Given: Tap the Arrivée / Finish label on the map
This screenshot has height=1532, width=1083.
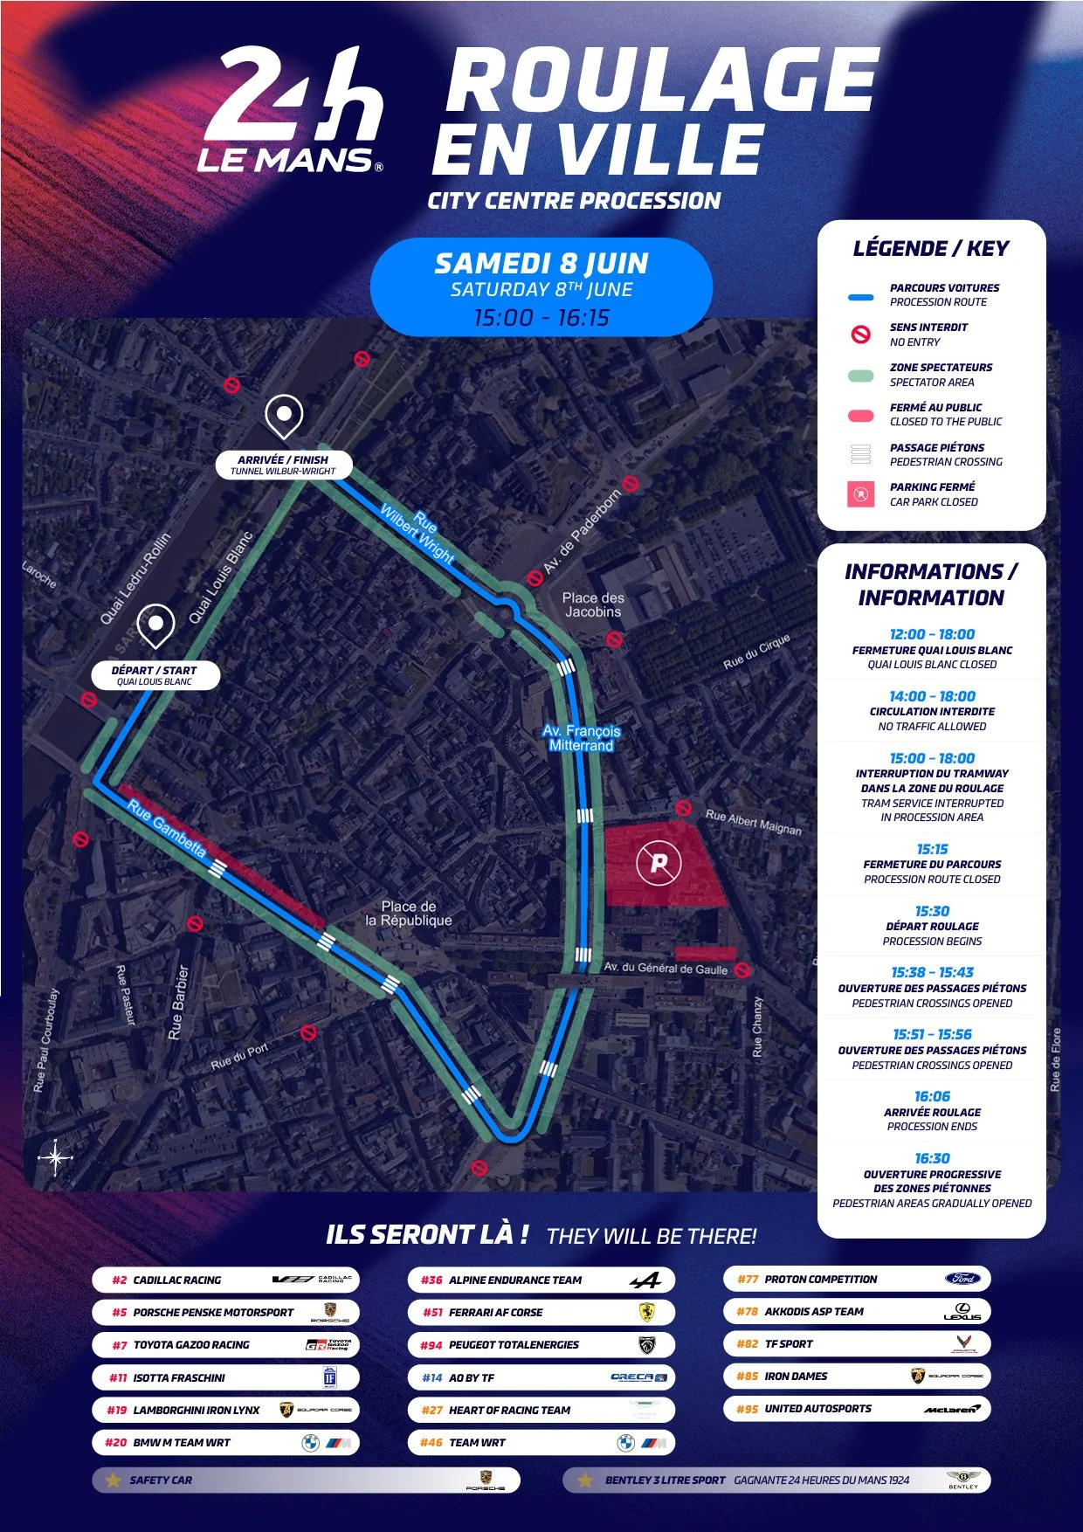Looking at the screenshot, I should pyautogui.click(x=284, y=465).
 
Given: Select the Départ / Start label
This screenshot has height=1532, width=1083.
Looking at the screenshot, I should pyautogui.click(x=155, y=675).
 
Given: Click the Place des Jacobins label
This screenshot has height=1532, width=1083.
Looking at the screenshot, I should pyautogui.click(x=592, y=604).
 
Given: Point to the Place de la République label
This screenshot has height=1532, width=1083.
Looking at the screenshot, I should pyautogui.click(x=409, y=914).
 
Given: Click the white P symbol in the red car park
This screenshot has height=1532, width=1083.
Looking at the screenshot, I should pyautogui.click(x=659, y=863).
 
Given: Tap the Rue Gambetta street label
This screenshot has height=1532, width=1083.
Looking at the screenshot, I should pyautogui.click(x=167, y=828).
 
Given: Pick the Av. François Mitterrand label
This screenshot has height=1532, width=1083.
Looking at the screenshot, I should pyautogui.click(x=581, y=738).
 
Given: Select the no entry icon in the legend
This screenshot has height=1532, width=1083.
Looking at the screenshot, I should pyautogui.click(x=861, y=335).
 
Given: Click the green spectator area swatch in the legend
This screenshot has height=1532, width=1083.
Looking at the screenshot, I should pyautogui.click(x=861, y=376).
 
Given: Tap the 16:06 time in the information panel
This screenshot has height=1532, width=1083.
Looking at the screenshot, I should pyautogui.click(x=932, y=1096).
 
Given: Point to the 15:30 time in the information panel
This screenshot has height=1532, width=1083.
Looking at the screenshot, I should pyautogui.click(x=932, y=911).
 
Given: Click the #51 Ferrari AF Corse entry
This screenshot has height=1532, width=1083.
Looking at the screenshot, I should pyautogui.click(x=541, y=1312).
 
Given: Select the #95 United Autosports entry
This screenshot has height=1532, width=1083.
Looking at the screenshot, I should pyautogui.click(x=856, y=1409).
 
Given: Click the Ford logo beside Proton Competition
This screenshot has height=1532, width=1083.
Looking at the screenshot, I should pyautogui.click(x=962, y=1279).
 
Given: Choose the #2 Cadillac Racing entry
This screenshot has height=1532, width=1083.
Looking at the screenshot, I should pyautogui.click(x=224, y=1280).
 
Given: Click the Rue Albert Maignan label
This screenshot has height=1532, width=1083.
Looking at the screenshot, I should pyautogui.click(x=753, y=822).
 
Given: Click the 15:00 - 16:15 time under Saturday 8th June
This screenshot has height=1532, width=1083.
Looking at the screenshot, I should pyautogui.click(x=541, y=318).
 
